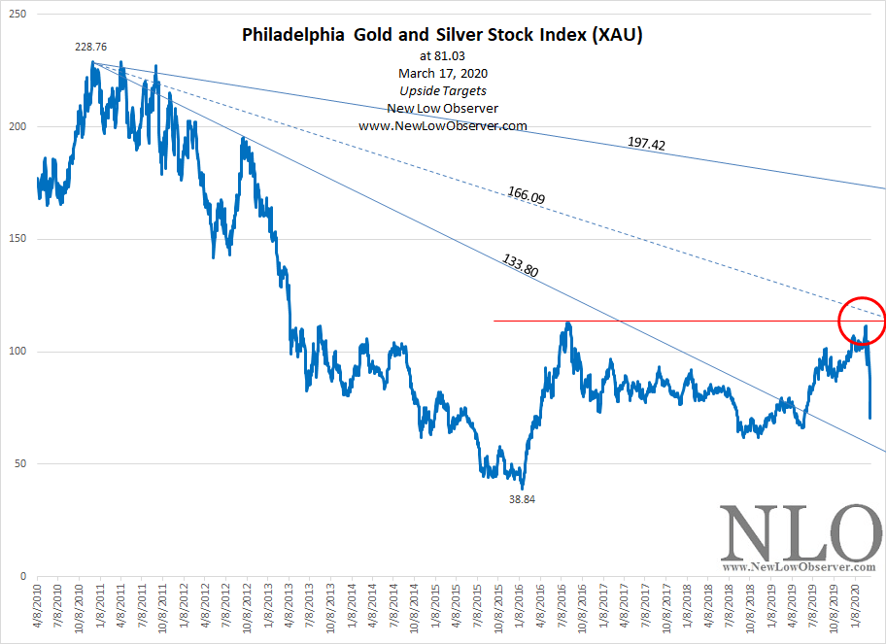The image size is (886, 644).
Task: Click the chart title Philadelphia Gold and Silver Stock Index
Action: click(x=442, y=36)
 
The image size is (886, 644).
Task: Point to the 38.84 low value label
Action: click(x=522, y=499)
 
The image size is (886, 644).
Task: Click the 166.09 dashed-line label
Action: click(x=526, y=194)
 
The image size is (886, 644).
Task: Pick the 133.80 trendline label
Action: click(x=520, y=266)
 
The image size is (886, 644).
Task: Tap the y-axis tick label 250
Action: click(x=17, y=15)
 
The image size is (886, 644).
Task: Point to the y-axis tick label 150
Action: click(x=17, y=240)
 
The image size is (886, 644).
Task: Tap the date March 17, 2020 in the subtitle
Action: click(x=442, y=73)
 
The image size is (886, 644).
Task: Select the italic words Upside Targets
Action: click(x=442, y=90)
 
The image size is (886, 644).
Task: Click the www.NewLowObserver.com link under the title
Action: click(x=442, y=125)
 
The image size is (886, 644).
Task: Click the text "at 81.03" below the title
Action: click(x=442, y=56)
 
